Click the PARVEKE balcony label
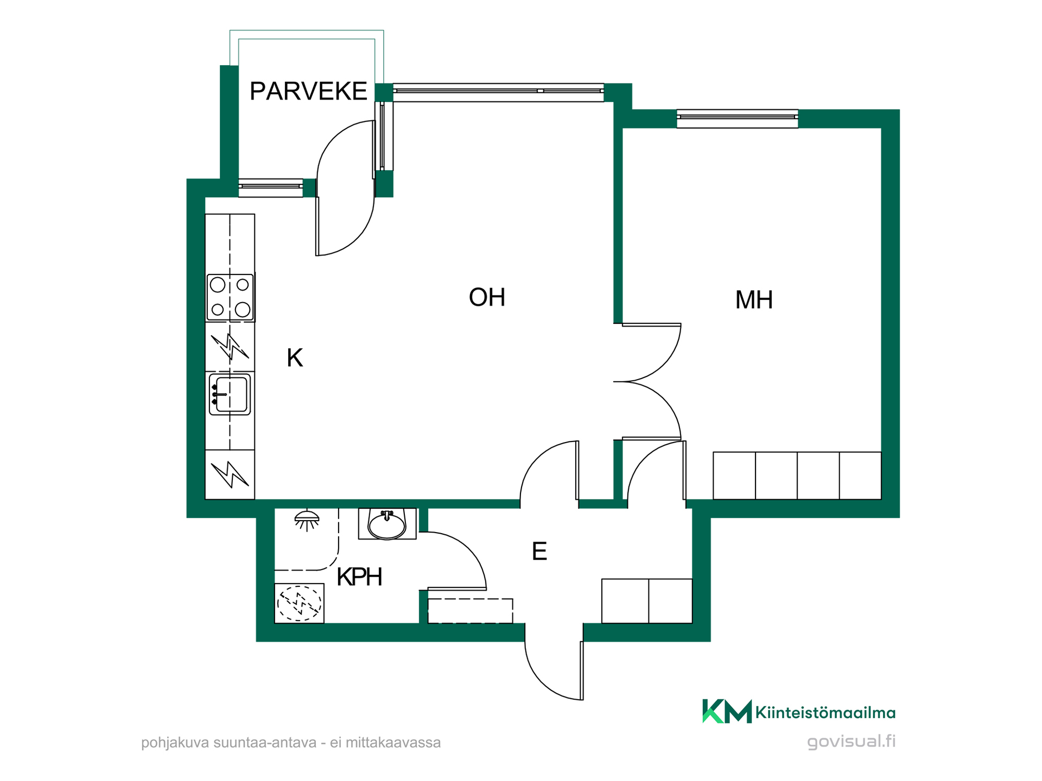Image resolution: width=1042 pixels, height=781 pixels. point(308,91)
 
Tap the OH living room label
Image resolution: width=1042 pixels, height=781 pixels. point(487,297)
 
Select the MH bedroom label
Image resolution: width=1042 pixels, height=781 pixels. point(754,300)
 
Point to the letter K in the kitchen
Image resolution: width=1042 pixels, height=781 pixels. point(295,358)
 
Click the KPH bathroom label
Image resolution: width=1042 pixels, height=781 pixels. point(359,577)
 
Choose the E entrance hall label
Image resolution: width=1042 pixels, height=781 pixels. point(539,552)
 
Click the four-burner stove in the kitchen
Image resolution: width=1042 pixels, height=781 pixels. point(230,297)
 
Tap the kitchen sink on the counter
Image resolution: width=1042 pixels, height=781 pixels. point(230,394)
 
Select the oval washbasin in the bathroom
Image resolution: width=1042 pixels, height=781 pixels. point(387,524)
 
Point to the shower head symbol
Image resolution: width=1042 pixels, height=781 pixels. point(307,520)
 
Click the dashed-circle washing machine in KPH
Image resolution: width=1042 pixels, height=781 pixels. point(299,603)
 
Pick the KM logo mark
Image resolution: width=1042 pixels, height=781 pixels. point(727,711)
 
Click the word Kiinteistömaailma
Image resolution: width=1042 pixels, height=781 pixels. point(825,712)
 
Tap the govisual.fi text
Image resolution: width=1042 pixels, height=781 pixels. point(851,741)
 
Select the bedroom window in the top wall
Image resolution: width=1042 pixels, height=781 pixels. point(738,119)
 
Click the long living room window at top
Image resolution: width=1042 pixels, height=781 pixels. point(498,92)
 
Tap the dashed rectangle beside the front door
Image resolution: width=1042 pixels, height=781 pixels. point(471,611)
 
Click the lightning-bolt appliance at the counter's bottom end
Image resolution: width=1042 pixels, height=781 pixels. point(230,475)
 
